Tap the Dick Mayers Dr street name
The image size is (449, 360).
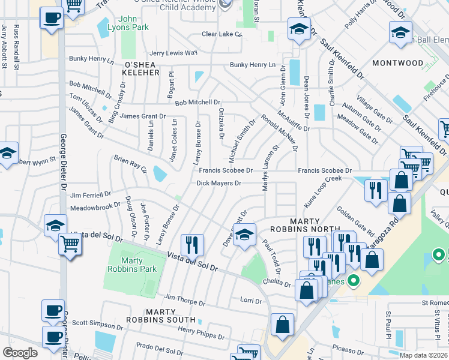(x=219, y=184)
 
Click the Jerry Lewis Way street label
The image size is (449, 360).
(x=173, y=53)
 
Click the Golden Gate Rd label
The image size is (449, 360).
(x=355, y=221)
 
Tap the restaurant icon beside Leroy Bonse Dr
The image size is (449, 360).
(x=192, y=244)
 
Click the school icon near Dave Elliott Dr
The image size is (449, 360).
(x=244, y=235)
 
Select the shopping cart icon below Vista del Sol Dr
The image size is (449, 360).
(x=70, y=245)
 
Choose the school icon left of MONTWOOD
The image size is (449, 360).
(x=298, y=29)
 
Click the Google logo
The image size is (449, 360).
(x=20, y=352)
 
